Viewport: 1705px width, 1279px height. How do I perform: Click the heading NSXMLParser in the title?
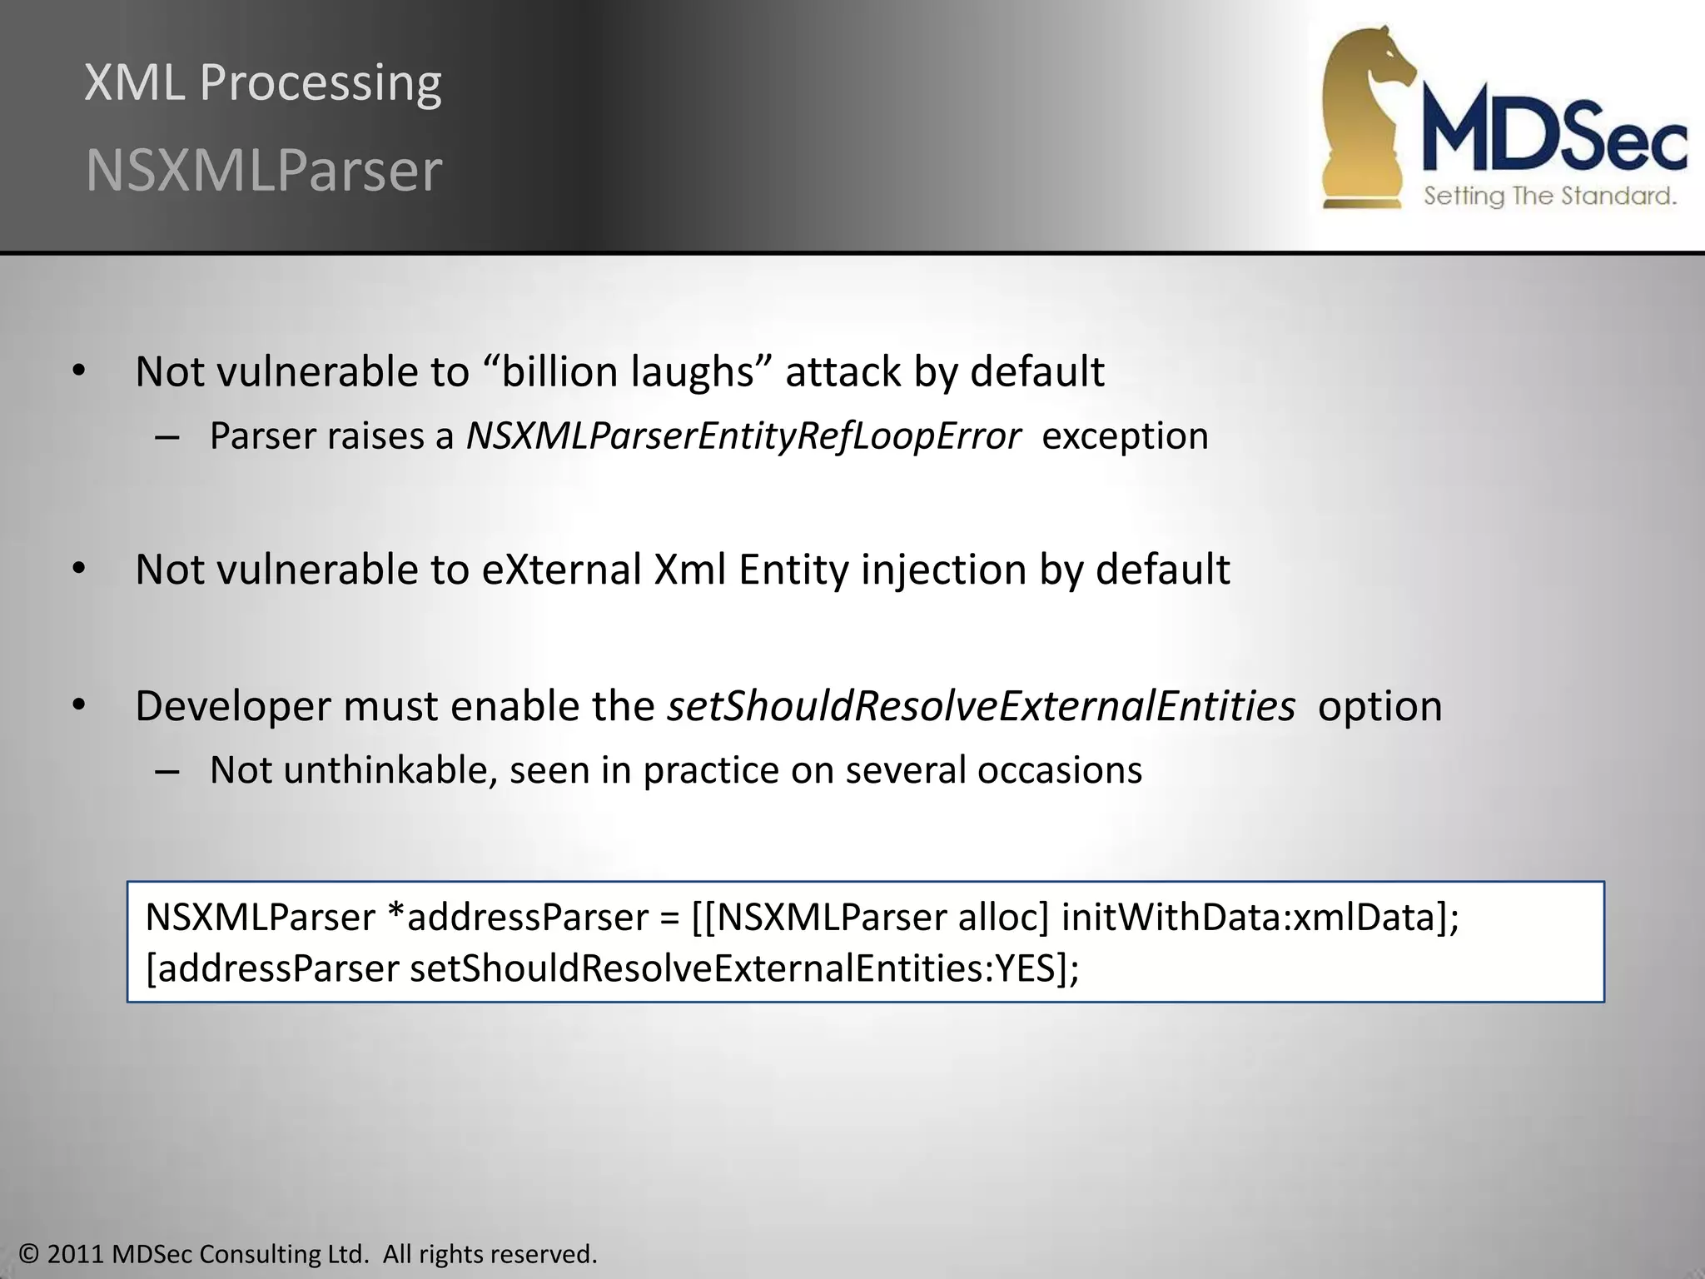263,171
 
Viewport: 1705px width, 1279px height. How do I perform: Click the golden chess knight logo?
1365,117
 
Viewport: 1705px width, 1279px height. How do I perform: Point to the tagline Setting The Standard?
1549,197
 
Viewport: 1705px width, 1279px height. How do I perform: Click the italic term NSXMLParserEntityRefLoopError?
743,436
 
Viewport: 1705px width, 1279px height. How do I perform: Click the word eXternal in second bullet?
561,570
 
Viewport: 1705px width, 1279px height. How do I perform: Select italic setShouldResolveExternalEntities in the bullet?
981,707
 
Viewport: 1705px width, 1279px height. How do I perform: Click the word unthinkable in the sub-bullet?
390,770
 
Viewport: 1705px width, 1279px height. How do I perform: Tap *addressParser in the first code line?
518,918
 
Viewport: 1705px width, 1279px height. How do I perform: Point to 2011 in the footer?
75,1254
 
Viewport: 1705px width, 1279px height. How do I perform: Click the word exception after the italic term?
1125,436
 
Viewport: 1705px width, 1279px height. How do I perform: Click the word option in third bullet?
1379,707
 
